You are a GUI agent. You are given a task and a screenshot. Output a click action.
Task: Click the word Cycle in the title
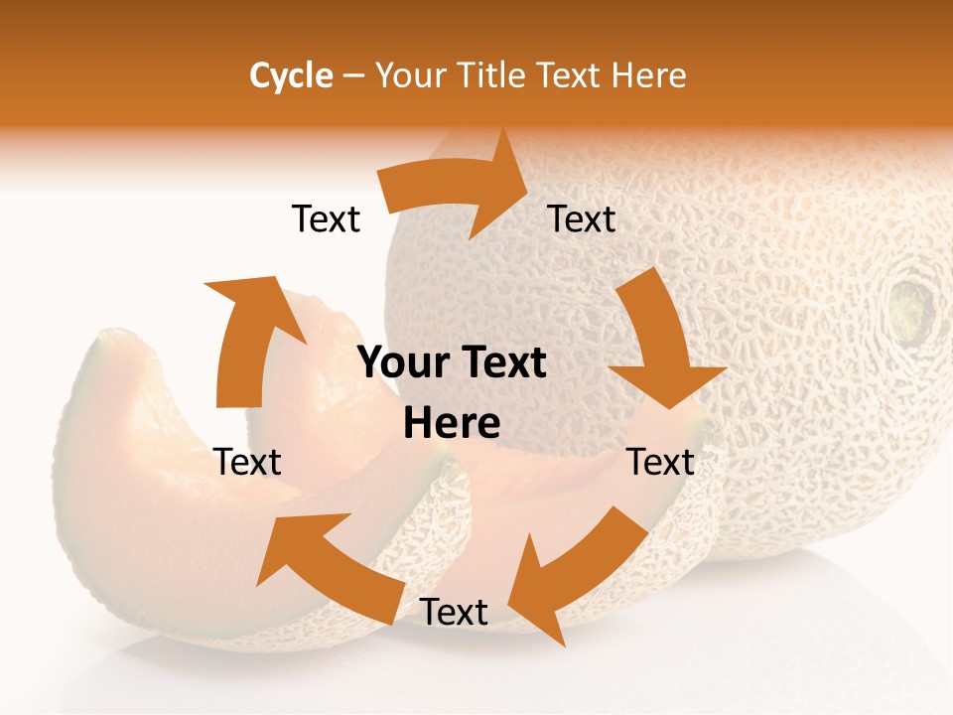tap(291, 75)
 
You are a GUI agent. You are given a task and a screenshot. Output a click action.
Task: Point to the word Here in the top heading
tap(650, 75)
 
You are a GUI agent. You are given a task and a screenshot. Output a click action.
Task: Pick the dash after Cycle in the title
tap(353, 76)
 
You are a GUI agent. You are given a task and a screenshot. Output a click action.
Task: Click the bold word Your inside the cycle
tap(403, 363)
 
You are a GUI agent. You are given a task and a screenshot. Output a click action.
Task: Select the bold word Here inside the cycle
tap(452, 424)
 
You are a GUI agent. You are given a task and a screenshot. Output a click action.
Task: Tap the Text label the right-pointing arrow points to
tap(582, 219)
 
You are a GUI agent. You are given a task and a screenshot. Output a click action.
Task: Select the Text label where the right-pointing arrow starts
tap(326, 219)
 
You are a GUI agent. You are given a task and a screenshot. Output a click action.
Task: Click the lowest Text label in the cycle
tap(454, 613)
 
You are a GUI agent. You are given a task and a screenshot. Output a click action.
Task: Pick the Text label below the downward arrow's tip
tap(661, 462)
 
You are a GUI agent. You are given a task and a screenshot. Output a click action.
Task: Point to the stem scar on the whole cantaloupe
tap(910, 308)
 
